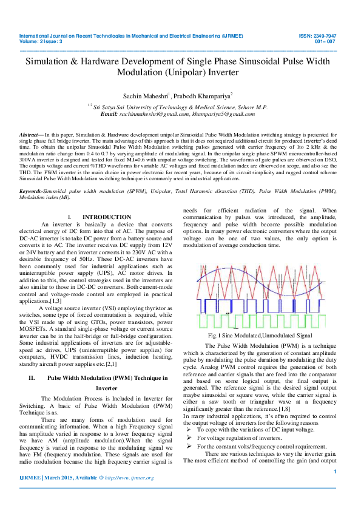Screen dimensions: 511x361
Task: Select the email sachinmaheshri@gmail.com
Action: (x=154, y=114)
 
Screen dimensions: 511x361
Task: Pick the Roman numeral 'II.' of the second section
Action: (x=33, y=360)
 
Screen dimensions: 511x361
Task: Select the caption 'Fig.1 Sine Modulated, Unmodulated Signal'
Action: (x=260, y=335)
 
